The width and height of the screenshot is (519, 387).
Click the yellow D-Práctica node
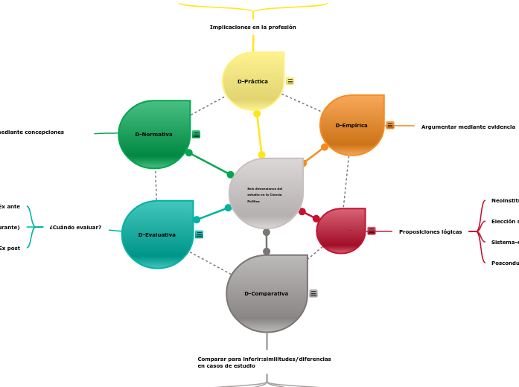[253, 81]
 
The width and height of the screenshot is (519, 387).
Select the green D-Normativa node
[154, 134]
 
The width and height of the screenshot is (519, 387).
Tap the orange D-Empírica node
[351, 125]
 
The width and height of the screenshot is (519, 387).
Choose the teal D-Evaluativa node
[157, 234]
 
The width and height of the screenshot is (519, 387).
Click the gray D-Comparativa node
[267, 293]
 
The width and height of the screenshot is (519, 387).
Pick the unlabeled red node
[341, 231]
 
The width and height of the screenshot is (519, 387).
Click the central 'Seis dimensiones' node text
[265, 195]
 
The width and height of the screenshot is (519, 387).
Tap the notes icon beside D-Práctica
[290, 81]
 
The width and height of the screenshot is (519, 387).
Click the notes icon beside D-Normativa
[196, 135]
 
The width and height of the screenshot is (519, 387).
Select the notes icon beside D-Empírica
[389, 125]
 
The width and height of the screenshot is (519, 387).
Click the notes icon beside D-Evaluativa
[199, 234]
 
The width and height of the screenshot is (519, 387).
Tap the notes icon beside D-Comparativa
[313, 293]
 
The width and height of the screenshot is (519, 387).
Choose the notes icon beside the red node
[371, 231]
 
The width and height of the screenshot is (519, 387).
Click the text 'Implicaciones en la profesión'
[253, 28]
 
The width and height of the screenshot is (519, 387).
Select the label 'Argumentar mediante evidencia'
[468, 127]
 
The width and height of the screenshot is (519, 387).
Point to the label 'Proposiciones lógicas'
[430, 231]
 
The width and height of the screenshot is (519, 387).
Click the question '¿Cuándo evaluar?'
[75, 227]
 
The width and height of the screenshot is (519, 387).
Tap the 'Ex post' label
[10, 248]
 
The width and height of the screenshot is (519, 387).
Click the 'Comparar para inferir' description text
[264, 362]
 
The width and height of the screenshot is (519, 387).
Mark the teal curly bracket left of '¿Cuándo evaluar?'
[31, 227]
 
